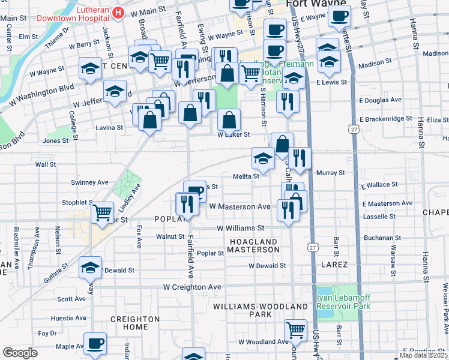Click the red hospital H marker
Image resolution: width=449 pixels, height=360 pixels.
(118, 13)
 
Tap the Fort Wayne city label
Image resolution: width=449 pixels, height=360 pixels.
(312, 4)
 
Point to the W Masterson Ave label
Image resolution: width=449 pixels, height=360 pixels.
(240, 206)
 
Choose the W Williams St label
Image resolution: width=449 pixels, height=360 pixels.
(240, 228)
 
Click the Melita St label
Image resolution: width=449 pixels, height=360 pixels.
(246, 176)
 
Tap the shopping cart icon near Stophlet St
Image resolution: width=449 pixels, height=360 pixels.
(103, 212)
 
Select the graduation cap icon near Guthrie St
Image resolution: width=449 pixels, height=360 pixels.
(90, 268)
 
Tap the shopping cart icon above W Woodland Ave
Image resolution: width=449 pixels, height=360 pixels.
(295, 329)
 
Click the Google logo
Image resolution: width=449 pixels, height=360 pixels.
(20, 352)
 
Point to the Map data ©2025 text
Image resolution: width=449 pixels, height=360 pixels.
(424, 355)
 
